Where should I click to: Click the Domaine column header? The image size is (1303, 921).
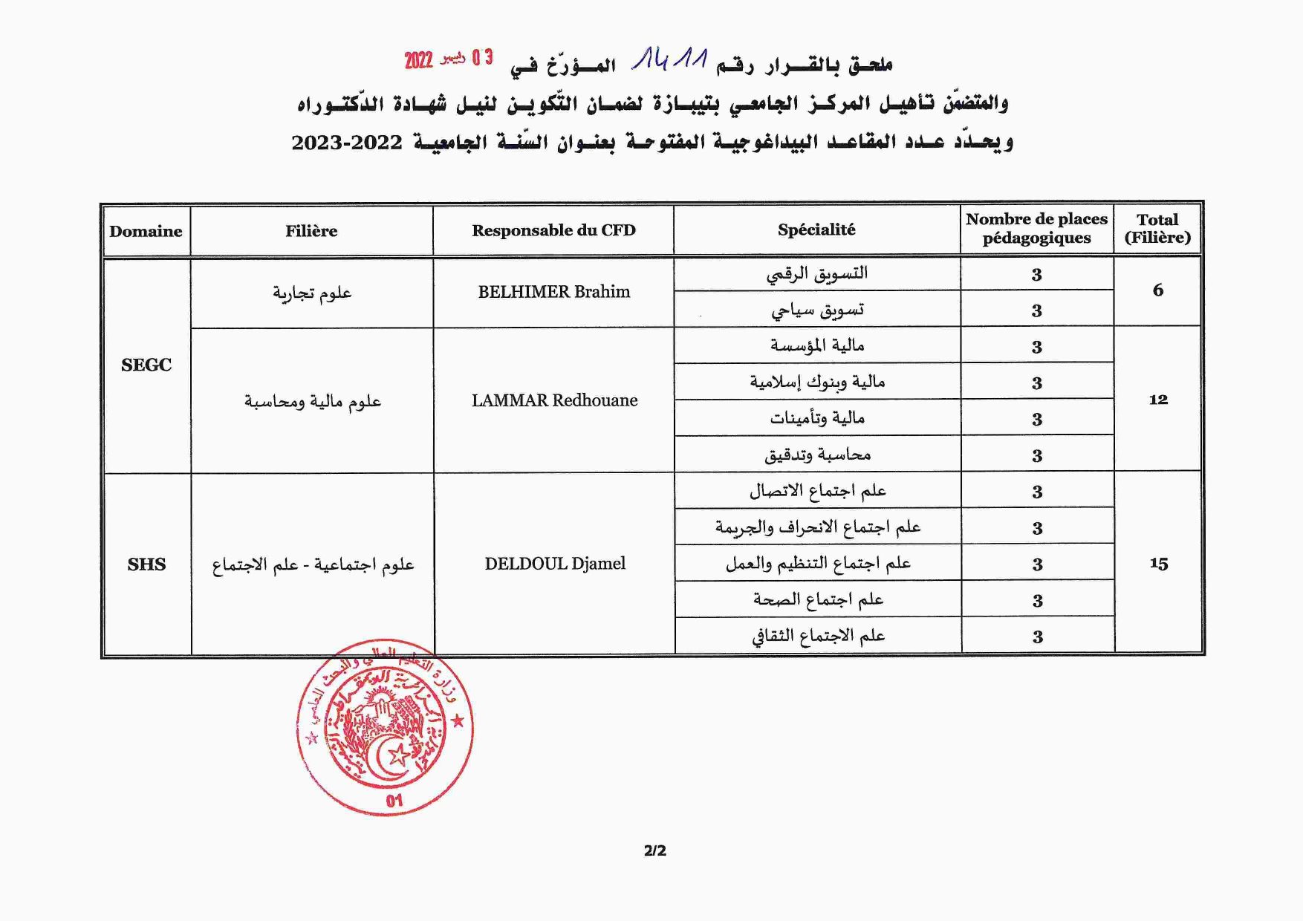[x=146, y=231]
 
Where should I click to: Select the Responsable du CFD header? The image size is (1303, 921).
[x=553, y=230]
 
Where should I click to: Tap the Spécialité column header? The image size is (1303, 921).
[x=816, y=230]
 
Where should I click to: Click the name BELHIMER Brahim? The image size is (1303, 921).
[x=553, y=292]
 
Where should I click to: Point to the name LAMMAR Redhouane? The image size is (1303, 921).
[x=554, y=400]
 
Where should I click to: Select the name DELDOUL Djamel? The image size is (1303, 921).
[x=555, y=564]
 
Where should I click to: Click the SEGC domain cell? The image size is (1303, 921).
[x=146, y=365]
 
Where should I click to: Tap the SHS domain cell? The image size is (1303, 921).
[x=146, y=564]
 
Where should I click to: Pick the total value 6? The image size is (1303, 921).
[x=1157, y=290]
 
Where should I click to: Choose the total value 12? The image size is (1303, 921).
[x=1158, y=400]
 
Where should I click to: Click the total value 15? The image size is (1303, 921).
[x=1158, y=564]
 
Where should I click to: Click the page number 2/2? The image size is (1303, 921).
[x=654, y=850]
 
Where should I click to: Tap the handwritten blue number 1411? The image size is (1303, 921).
[x=669, y=59]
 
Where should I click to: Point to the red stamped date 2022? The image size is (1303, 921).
[x=418, y=60]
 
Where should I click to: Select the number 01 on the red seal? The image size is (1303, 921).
[x=394, y=800]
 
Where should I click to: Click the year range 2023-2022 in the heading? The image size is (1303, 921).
[x=347, y=142]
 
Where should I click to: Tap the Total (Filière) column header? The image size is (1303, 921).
[x=1157, y=229]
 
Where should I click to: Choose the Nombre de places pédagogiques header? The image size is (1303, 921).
[x=1036, y=229]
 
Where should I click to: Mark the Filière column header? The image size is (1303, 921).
[x=311, y=231]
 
